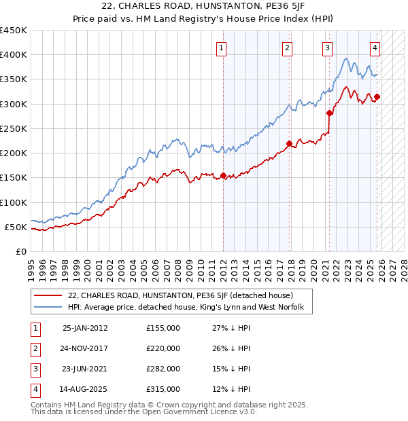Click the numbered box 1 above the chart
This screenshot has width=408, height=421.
point(222,48)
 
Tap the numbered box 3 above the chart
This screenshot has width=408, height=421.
point(328,48)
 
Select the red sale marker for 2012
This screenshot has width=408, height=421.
point(223,175)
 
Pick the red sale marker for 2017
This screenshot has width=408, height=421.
point(289,143)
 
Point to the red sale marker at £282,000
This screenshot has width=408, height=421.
point(329,113)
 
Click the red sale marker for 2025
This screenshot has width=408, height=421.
point(377,96)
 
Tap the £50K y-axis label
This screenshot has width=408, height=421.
point(16,227)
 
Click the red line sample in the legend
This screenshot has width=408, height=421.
point(48,296)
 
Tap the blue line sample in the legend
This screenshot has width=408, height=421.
point(48,308)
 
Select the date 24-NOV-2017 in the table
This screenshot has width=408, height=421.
point(85,348)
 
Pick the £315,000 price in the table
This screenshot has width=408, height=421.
point(163,389)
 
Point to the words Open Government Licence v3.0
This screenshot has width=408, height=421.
point(203,411)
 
